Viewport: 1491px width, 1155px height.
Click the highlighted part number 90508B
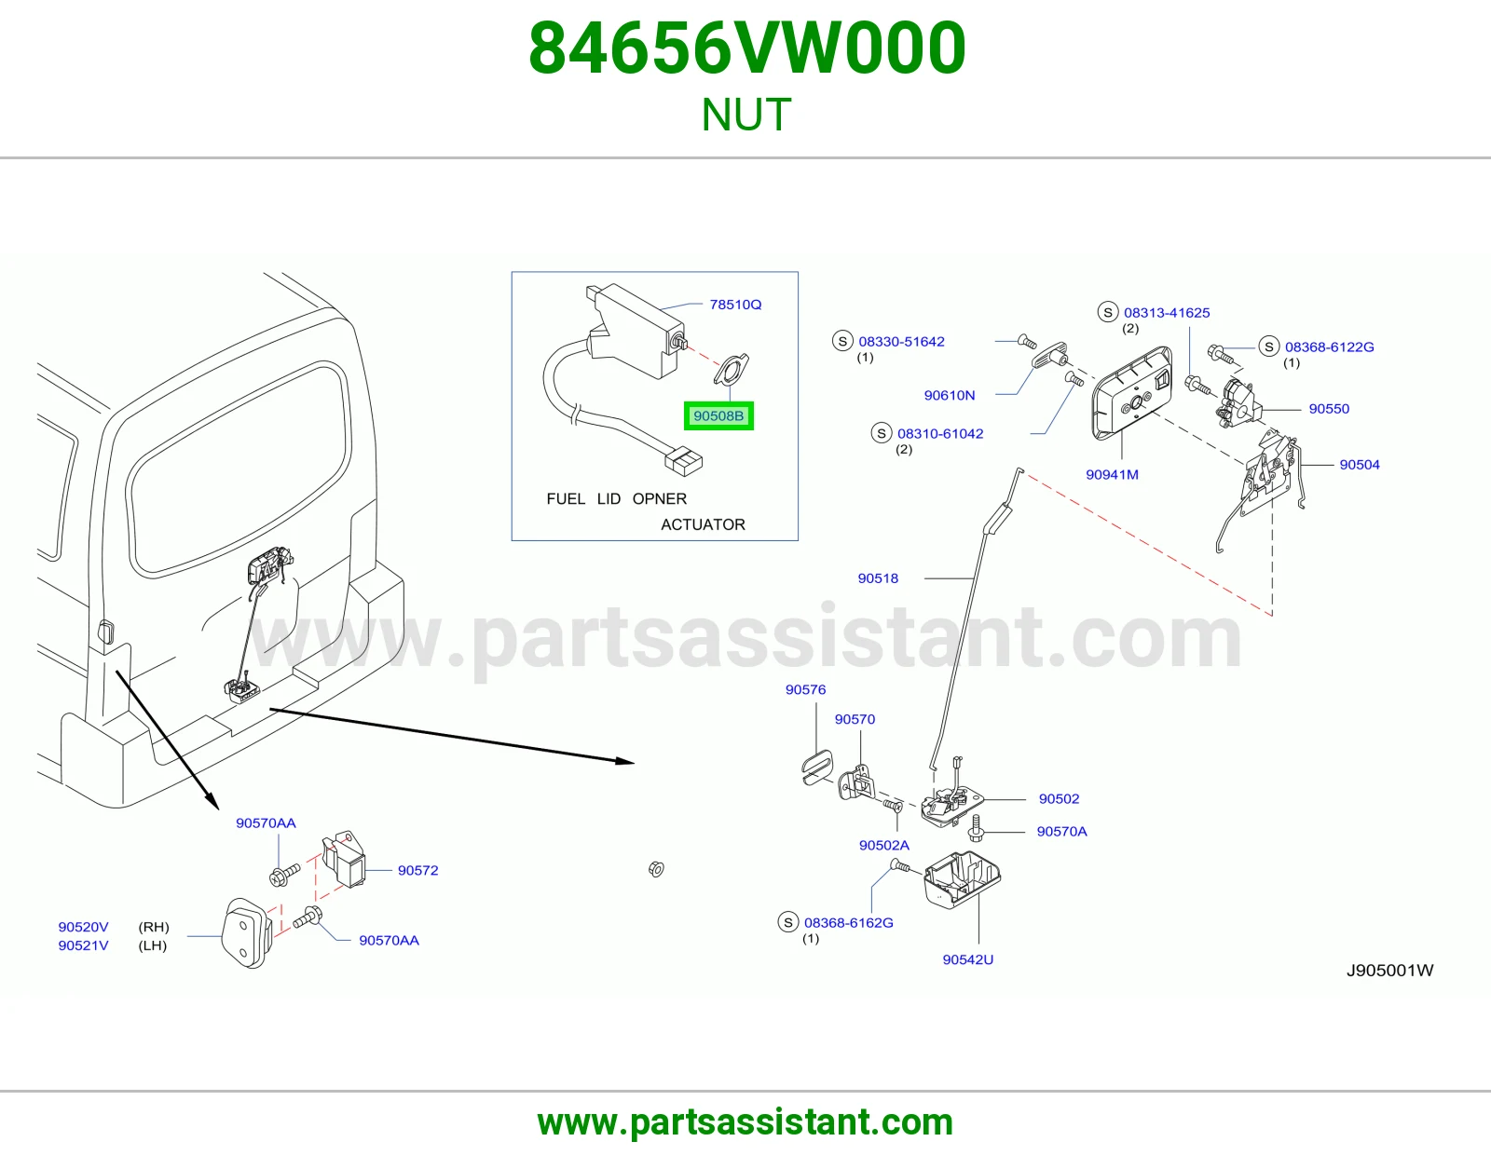[718, 415]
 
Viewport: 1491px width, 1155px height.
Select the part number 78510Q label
[735, 305]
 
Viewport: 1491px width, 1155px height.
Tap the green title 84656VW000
[747, 48]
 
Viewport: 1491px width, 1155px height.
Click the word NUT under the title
[745, 115]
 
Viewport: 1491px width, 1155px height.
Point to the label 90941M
[1112, 475]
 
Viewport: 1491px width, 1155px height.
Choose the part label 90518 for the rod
[878, 578]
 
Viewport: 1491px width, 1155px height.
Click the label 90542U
[967, 959]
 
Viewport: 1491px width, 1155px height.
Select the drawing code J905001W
[1389, 971]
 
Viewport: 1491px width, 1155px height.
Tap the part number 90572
[417, 870]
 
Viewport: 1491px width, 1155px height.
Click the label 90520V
[83, 927]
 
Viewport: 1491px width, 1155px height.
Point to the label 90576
[805, 689]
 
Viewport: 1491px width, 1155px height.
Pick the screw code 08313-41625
[1167, 313]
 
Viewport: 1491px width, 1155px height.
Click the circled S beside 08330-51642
[842, 341]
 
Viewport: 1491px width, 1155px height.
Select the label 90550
[1328, 409]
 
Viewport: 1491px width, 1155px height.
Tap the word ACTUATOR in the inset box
[703, 524]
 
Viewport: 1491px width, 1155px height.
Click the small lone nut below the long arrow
[656, 870]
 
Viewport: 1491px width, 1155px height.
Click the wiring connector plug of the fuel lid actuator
[683, 461]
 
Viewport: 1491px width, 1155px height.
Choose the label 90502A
[883, 846]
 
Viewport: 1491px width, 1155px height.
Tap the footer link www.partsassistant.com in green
[745, 1122]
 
